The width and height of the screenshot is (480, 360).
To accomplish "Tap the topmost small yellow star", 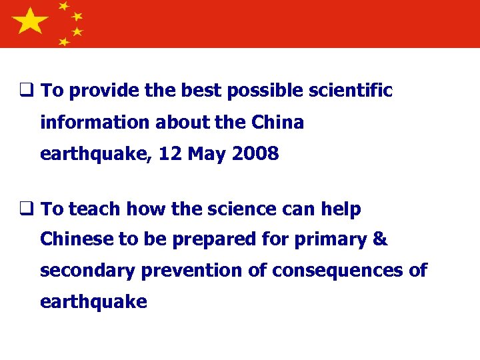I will tap(64, 6).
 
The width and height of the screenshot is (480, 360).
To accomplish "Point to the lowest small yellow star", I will tap(64, 41).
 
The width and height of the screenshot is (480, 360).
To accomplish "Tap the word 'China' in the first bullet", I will tap(278, 123).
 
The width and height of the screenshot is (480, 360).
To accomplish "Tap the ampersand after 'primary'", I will tap(380, 239).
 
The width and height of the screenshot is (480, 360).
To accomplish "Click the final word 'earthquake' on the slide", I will tap(93, 302).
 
